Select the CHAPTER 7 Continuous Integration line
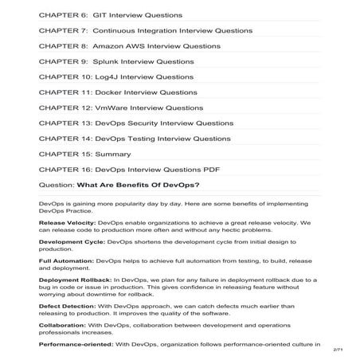coord(145,30)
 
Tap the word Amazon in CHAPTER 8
coord(111,46)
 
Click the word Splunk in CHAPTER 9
coord(104,61)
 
